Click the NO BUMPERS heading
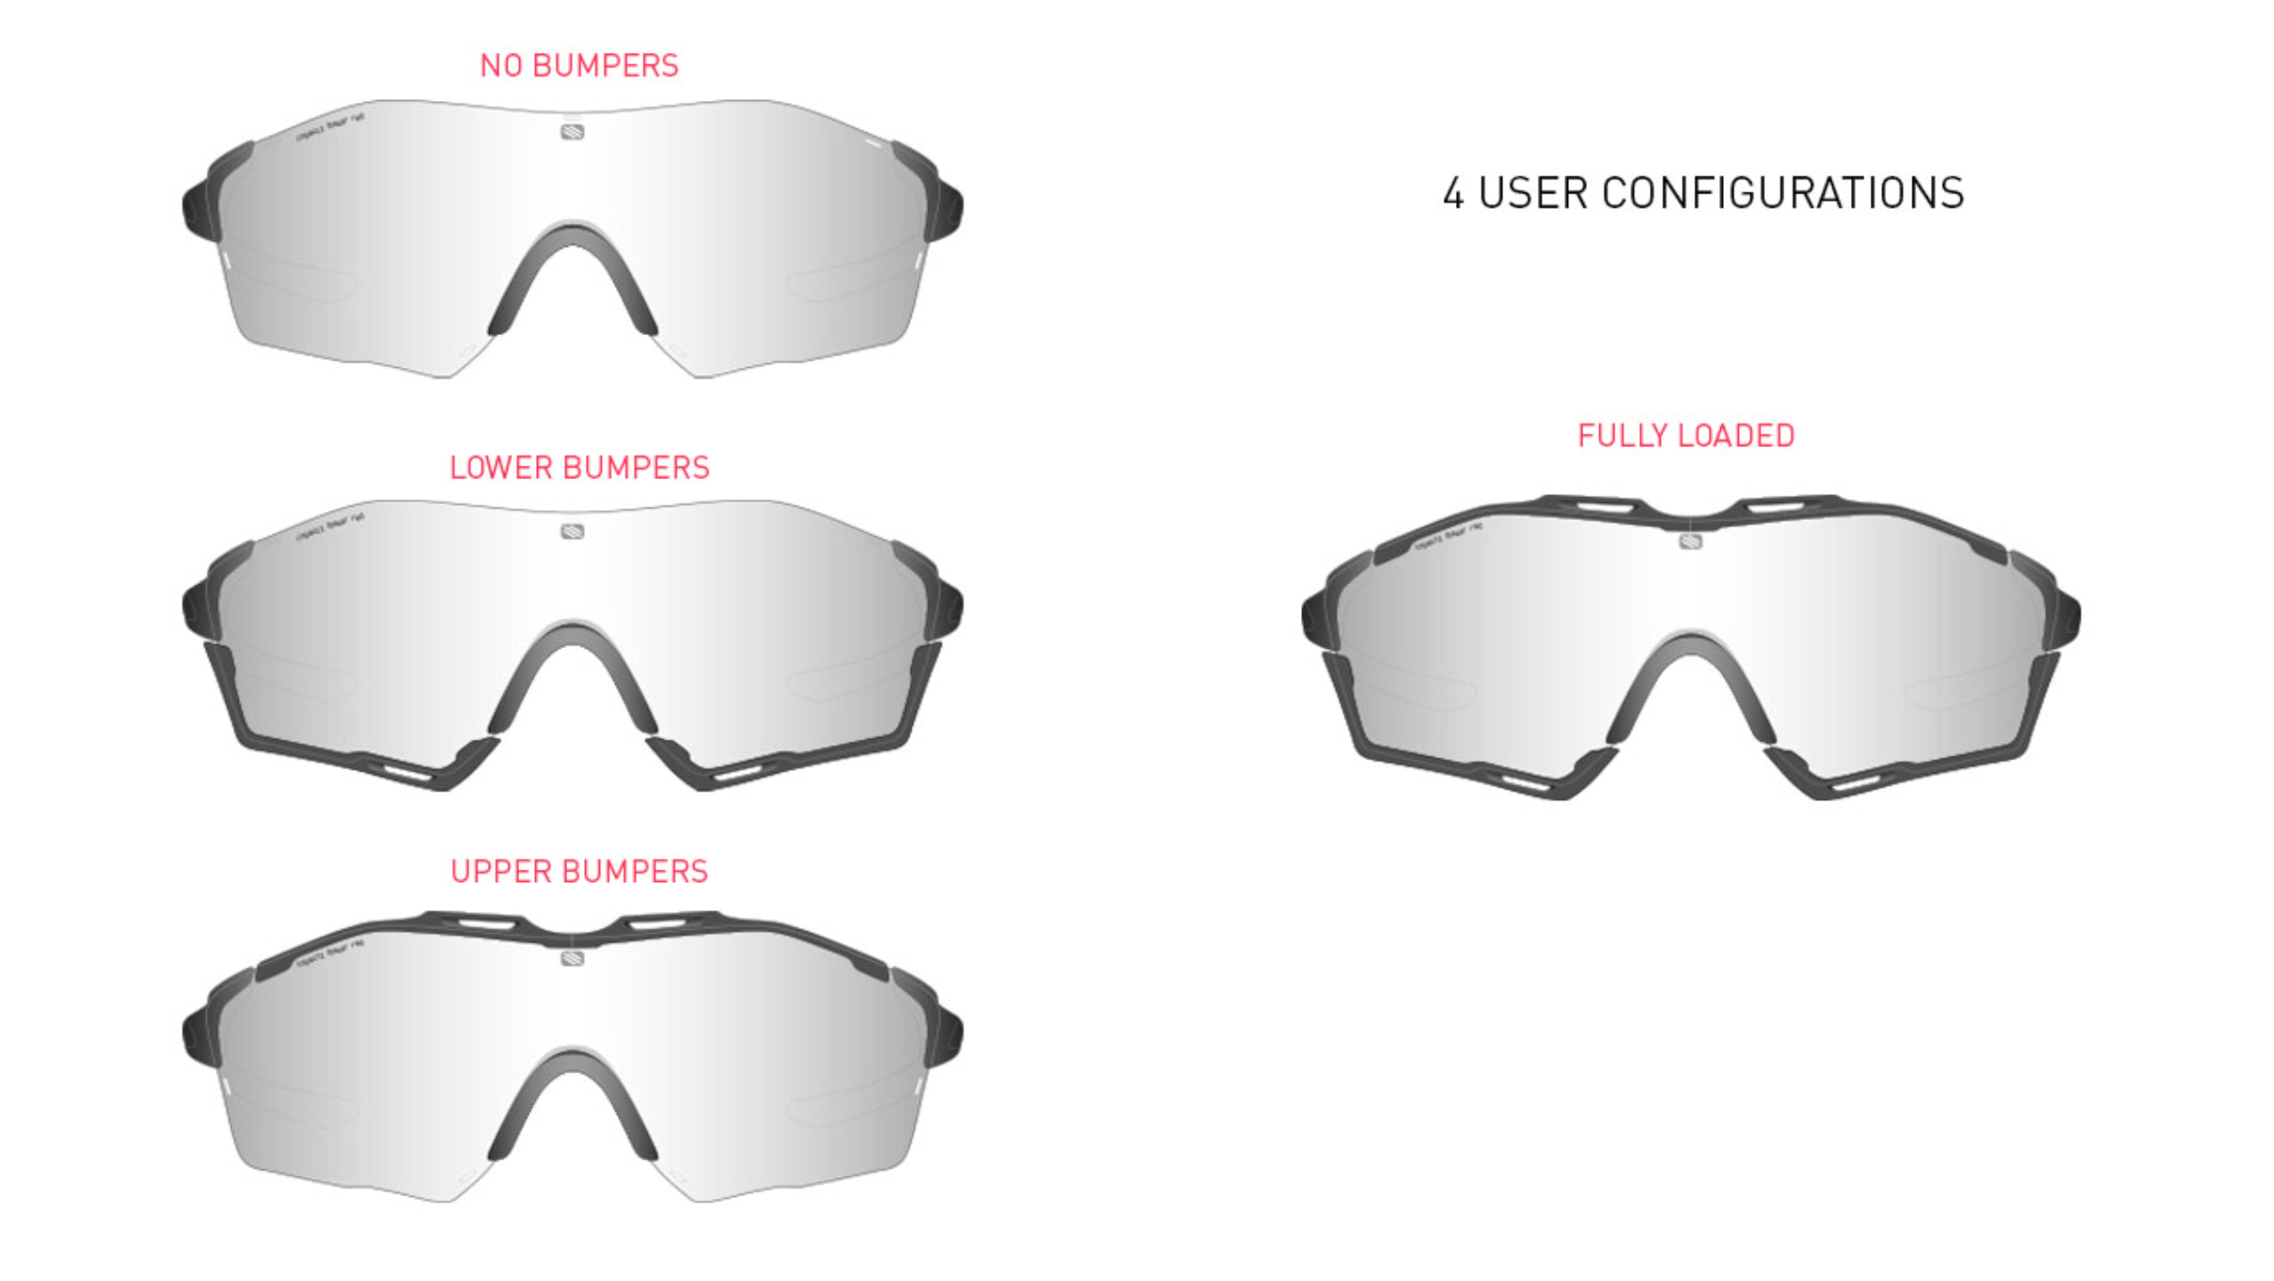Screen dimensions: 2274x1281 point(578,66)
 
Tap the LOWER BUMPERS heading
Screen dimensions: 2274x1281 point(578,468)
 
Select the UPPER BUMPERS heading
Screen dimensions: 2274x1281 point(578,872)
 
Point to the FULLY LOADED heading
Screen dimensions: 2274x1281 point(1685,436)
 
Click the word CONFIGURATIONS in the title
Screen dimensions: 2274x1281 point(1782,193)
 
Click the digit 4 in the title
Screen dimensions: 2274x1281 point(1453,194)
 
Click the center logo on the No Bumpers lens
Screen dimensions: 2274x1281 point(572,132)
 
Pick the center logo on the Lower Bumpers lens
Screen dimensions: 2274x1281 point(572,532)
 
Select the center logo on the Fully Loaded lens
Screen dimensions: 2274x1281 point(1690,541)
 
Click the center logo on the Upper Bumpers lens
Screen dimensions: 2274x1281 point(572,958)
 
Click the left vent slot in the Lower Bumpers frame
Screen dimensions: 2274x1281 point(408,773)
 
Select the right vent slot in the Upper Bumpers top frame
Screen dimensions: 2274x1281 point(658,923)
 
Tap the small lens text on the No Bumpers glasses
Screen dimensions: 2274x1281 point(329,127)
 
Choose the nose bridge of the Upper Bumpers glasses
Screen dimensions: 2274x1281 point(573,1067)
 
